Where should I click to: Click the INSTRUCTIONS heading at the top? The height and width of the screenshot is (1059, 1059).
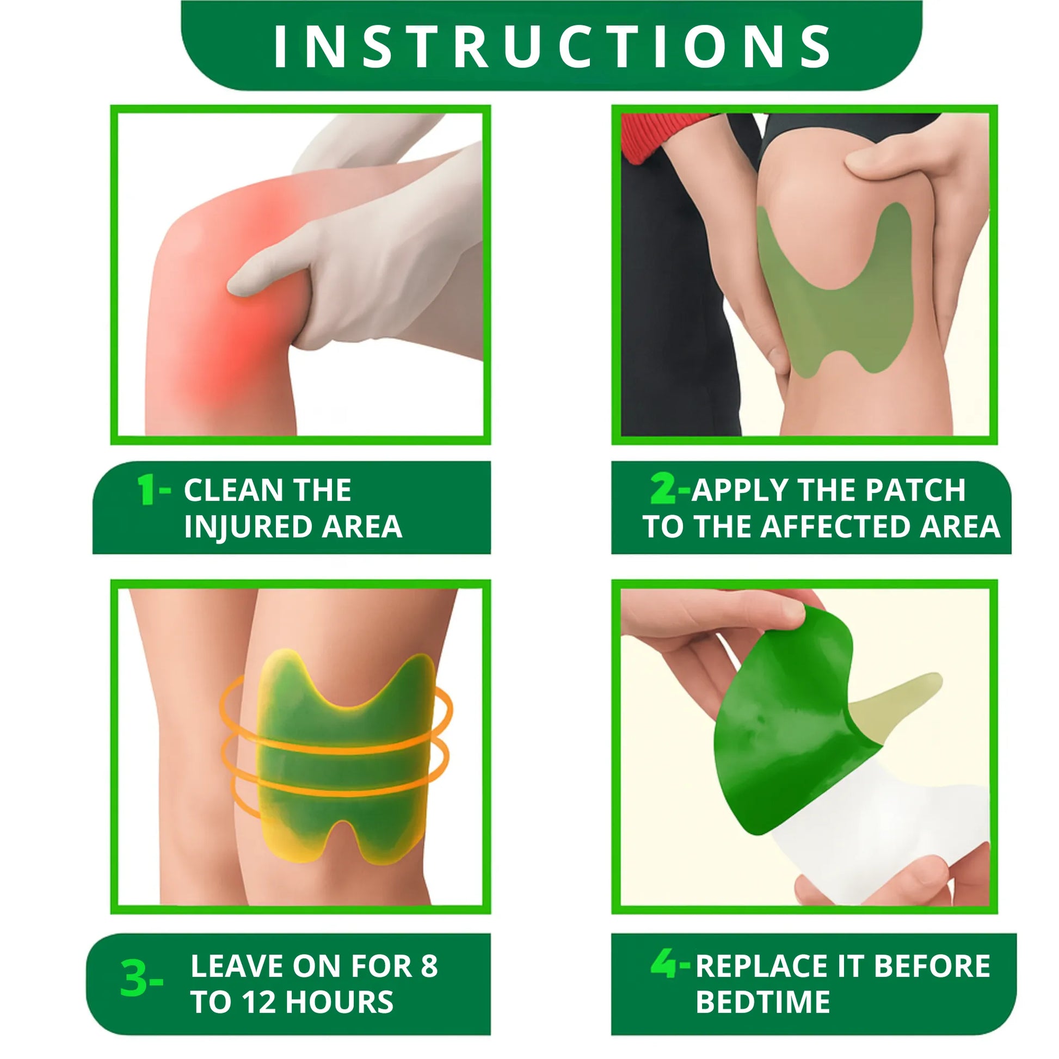(551, 47)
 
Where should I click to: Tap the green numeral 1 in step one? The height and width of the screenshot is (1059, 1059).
(146, 489)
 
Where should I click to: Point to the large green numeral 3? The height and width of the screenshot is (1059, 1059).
(133, 979)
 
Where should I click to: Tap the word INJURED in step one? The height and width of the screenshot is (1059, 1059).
(248, 527)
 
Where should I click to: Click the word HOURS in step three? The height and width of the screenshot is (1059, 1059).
(339, 1002)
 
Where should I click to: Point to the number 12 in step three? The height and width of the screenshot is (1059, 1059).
(259, 1002)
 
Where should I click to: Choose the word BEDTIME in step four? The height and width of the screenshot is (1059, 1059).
(763, 1002)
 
